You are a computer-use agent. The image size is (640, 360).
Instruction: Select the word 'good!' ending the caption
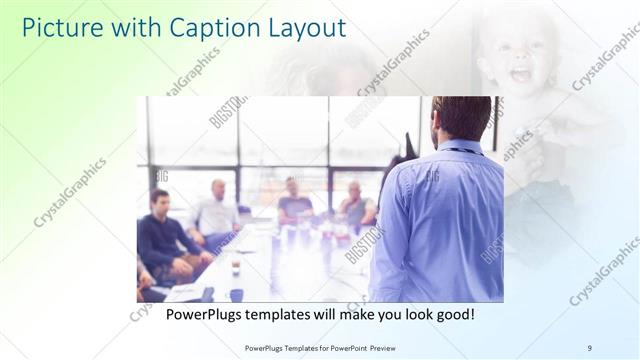pos(453,315)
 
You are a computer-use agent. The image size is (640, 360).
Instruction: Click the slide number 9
pos(589,347)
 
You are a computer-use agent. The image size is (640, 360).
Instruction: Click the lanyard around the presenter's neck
pos(461,150)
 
